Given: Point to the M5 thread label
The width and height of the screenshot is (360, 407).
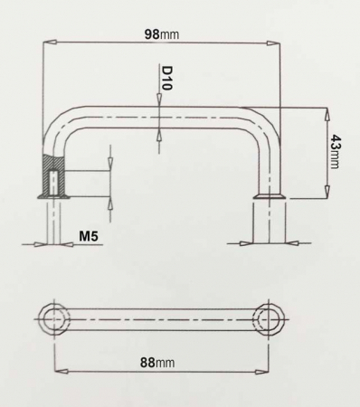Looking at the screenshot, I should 89,237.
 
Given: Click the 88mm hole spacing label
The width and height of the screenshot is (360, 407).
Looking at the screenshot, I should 158,362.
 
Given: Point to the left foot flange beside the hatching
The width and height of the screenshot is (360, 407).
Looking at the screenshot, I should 39,194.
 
